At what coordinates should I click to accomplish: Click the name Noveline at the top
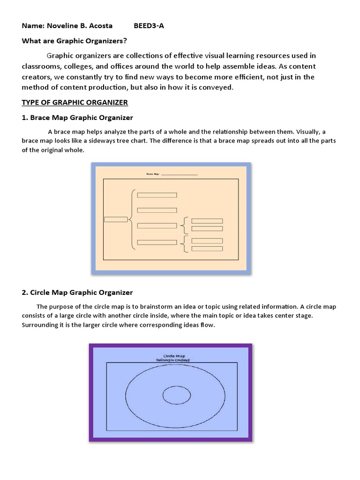(x=60, y=26)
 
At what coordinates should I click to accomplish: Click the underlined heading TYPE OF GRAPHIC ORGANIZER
(x=75, y=102)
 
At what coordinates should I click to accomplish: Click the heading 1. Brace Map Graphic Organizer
(x=78, y=117)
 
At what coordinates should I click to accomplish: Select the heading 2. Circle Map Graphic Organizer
(x=78, y=292)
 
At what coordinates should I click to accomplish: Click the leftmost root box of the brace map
(x=116, y=219)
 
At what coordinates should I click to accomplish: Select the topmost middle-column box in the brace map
(x=157, y=195)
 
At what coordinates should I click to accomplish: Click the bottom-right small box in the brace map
(x=208, y=248)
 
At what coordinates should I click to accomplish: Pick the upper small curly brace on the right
(x=185, y=225)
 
